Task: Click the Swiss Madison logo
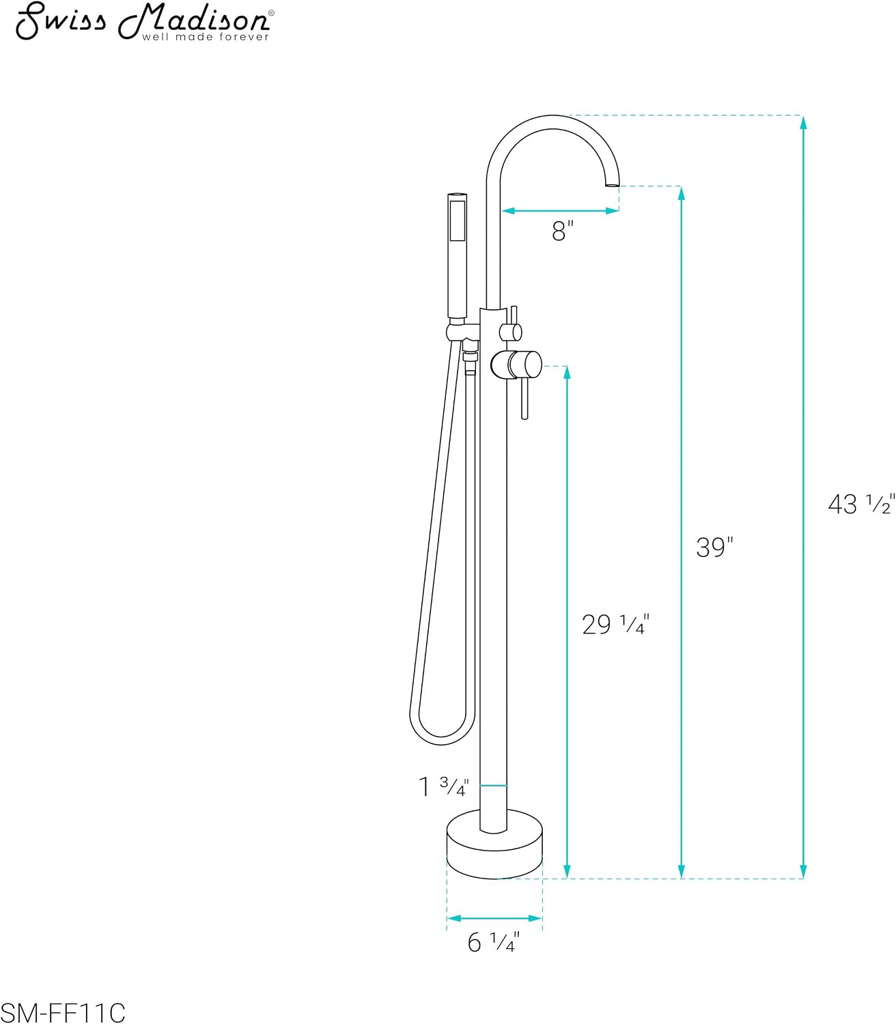click(145, 22)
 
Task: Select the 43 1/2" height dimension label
click(861, 504)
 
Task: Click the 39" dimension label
click(714, 547)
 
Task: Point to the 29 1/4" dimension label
click(615, 624)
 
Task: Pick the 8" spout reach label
click(562, 231)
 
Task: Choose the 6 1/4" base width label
click(493, 942)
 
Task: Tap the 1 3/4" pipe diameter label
click(443, 786)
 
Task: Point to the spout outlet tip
click(612, 185)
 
